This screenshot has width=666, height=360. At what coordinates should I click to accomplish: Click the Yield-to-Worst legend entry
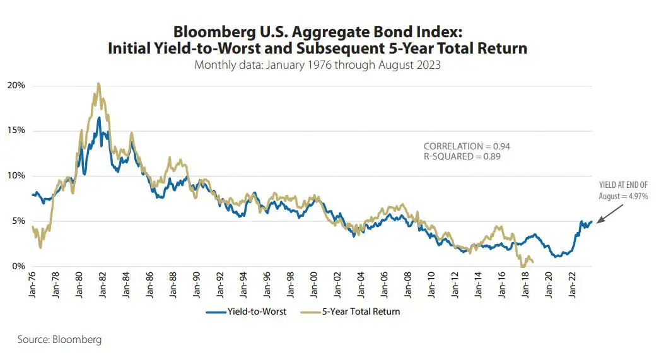245,311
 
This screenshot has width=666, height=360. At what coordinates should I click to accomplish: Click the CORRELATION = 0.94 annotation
467,146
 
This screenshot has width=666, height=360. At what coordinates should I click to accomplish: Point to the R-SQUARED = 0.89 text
462,156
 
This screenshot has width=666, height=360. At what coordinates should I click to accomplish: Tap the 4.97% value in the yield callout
636,197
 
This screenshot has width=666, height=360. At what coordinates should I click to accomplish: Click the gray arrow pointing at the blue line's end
608,214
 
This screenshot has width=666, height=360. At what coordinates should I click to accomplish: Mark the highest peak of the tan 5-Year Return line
98,83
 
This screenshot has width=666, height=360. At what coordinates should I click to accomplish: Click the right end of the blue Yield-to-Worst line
592,222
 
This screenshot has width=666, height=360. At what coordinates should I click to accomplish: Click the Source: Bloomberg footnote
59,340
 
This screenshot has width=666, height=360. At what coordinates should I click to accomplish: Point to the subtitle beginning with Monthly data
317,65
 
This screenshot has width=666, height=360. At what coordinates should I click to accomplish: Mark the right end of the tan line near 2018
533,262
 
